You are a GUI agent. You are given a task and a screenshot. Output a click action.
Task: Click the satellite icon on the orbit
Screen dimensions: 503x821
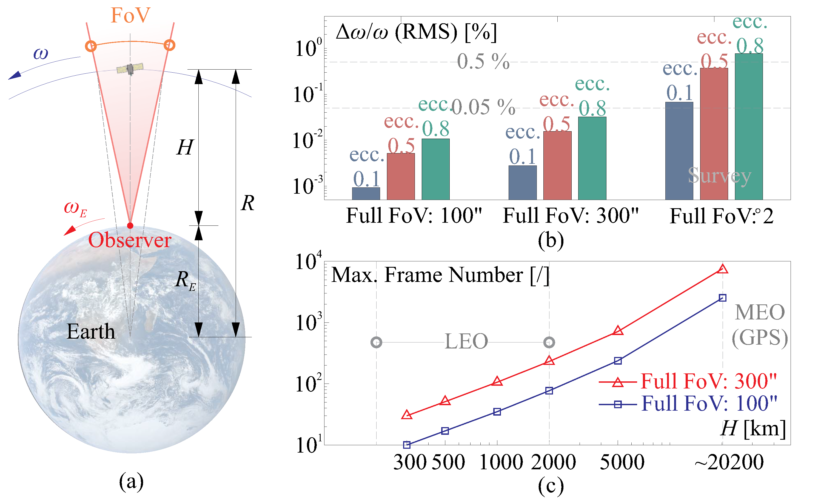[130, 69]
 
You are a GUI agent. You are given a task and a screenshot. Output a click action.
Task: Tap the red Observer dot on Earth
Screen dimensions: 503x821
[130, 226]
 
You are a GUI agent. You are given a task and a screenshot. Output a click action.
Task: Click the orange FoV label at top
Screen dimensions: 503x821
[130, 15]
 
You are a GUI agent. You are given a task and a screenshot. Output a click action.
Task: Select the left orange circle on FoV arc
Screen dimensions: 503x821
[91, 46]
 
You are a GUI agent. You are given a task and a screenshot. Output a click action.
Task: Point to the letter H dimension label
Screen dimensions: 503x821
[185, 148]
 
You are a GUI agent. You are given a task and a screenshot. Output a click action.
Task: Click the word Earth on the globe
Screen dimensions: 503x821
[91, 331]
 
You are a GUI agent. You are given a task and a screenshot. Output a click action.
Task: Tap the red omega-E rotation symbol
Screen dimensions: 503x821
[75, 209]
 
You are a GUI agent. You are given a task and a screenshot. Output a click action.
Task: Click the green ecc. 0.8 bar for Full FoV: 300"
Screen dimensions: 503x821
[592, 158]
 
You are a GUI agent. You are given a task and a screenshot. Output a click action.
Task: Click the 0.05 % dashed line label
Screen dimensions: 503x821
[483, 107]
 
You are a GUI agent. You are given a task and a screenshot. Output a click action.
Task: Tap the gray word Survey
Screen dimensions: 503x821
[720, 176]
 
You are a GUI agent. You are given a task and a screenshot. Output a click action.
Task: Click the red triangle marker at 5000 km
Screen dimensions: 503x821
[618, 330]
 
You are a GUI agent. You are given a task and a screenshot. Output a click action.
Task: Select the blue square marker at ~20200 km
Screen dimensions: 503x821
[722, 298]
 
